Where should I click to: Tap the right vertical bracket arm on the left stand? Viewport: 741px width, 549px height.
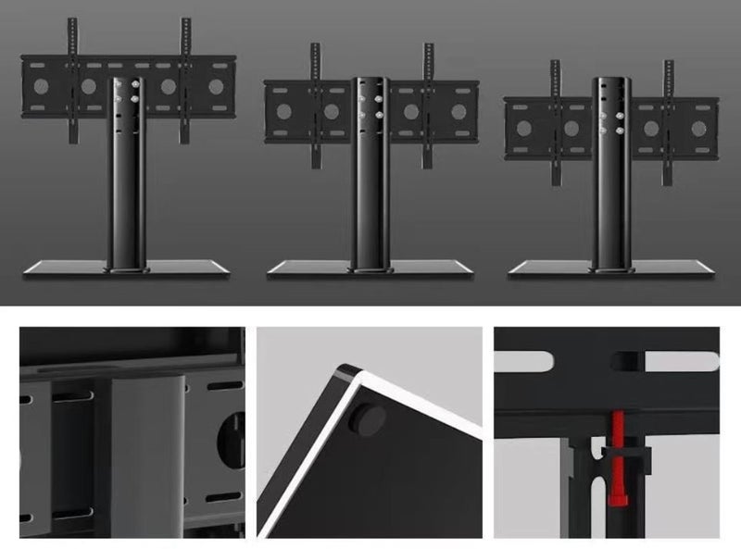pyautogui.click(x=186, y=65)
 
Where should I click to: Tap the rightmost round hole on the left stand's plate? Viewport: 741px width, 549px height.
pyautogui.click(x=216, y=86)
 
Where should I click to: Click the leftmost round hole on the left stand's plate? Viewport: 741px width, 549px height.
pyautogui.click(x=40, y=86)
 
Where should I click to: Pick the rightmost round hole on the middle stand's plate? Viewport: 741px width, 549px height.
pyautogui.click(x=458, y=111)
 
